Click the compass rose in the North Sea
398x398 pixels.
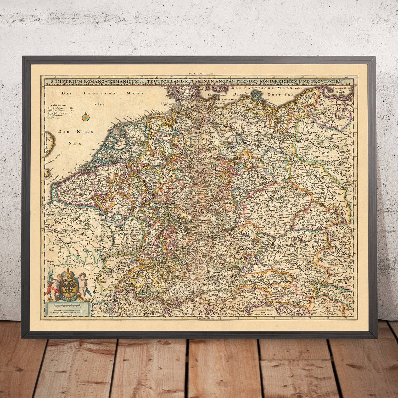pyautogui.click(x=85, y=118)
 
